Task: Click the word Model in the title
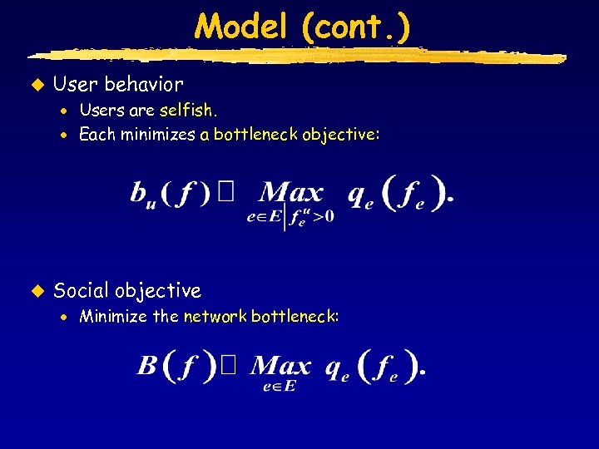click(x=243, y=27)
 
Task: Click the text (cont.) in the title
click(x=356, y=27)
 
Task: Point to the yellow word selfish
click(x=189, y=111)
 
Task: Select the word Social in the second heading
click(x=82, y=290)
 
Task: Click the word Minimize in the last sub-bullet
click(x=112, y=316)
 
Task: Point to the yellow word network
click(x=215, y=316)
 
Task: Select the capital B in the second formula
click(x=147, y=366)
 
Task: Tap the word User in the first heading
click(x=76, y=84)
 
